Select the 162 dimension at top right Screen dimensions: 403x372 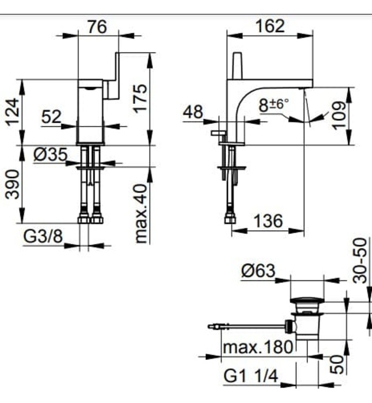pyautogui.click(x=269, y=26)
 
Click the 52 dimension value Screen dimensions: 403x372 pyautogui.click(x=51, y=117)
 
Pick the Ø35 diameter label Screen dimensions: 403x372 pyautogui.click(x=50, y=154)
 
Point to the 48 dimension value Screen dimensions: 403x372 pyautogui.click(x=193, y=112)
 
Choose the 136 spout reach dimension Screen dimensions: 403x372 pyautogui.click(x=269, y=220)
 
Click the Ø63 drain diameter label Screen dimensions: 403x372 pyautogui.click(x=259, y=271)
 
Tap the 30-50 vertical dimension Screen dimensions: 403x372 pyautogui.click(x=360, y=260)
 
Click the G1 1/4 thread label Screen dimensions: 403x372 pyautogui.click(x=251, y=377)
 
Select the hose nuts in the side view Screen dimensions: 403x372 pyautogui.click(x=230, y=218)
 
